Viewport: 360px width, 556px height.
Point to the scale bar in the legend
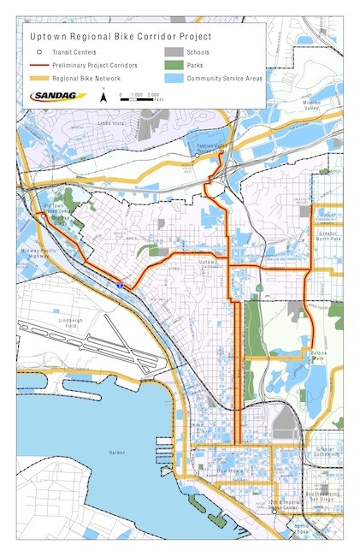coord(141,98)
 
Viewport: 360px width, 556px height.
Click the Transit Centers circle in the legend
coord(38,52)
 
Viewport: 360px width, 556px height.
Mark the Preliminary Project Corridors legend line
coord(38,65)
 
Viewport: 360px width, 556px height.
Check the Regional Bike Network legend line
coord(38,78)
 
